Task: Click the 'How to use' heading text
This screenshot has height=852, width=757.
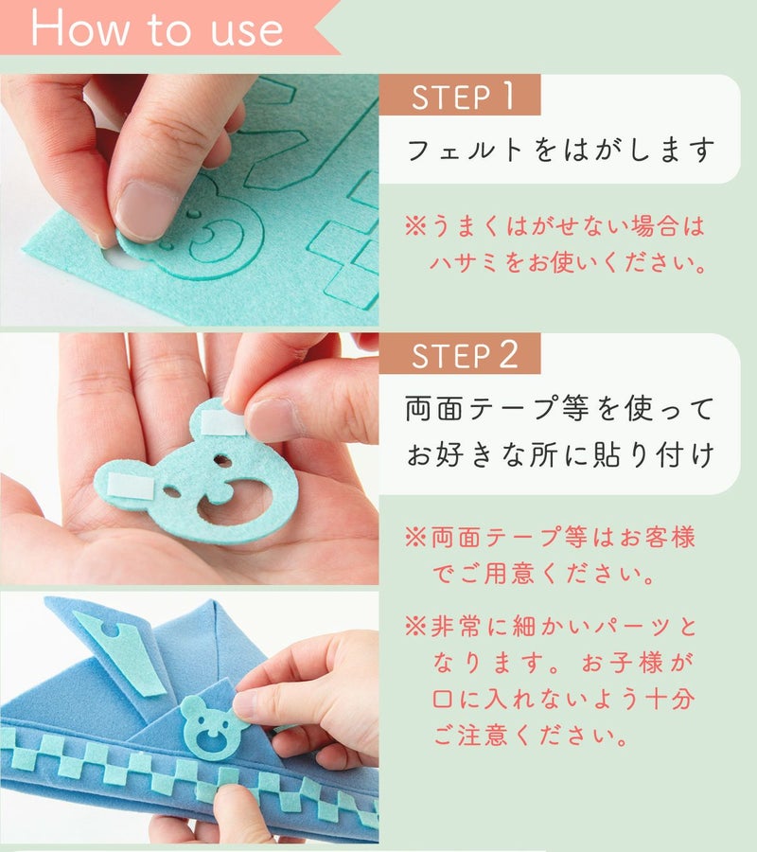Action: [157, 27]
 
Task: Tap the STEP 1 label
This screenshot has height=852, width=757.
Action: [462, 97]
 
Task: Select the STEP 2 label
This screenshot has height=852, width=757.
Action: [465, 355]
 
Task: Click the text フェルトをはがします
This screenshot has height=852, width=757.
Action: [560, 150]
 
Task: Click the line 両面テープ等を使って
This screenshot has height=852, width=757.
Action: [559, 408]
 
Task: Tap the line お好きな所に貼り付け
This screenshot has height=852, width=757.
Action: [560, 454]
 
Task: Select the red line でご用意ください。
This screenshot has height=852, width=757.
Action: [544, 574]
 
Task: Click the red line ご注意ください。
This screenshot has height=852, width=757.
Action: [531, 736]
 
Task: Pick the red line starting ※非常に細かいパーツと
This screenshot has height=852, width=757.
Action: [551, 627]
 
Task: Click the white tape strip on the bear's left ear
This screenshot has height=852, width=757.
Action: [131, 486]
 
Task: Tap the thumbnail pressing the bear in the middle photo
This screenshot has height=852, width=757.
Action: [271, 419]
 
